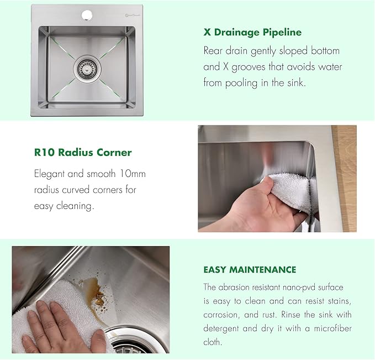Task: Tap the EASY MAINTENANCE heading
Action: coord(250,270)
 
